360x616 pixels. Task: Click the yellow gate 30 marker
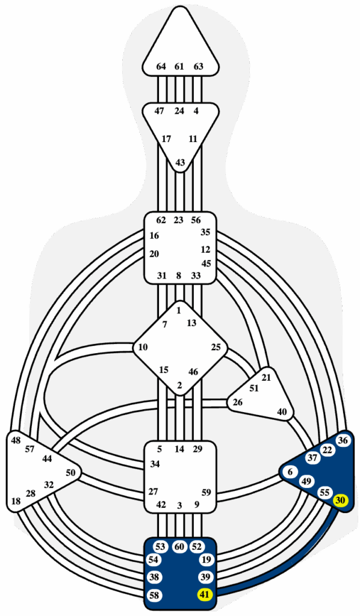[340, 500]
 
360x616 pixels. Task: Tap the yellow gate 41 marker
[204, 594]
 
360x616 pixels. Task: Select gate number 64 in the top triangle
[161, 66]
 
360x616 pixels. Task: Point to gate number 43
[180, 162]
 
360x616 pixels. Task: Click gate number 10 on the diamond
[143, 347]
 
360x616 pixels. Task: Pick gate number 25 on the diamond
[216, 347]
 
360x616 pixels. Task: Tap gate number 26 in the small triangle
[238, 402]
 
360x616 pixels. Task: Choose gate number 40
[282, 412]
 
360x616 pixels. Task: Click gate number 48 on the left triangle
[16, 440]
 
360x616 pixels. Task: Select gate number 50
[70, 473]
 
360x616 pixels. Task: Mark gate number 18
[16, 500]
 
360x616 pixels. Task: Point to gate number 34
[155, 464]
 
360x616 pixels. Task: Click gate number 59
[206, 492]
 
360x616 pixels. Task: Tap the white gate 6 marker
[290, 472]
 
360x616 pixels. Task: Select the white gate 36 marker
[343, 440]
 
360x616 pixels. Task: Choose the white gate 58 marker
[155, 595]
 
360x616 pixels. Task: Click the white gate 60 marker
[179, 546]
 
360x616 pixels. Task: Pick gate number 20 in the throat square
[154, 254]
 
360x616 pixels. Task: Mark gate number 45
[206, 263]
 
